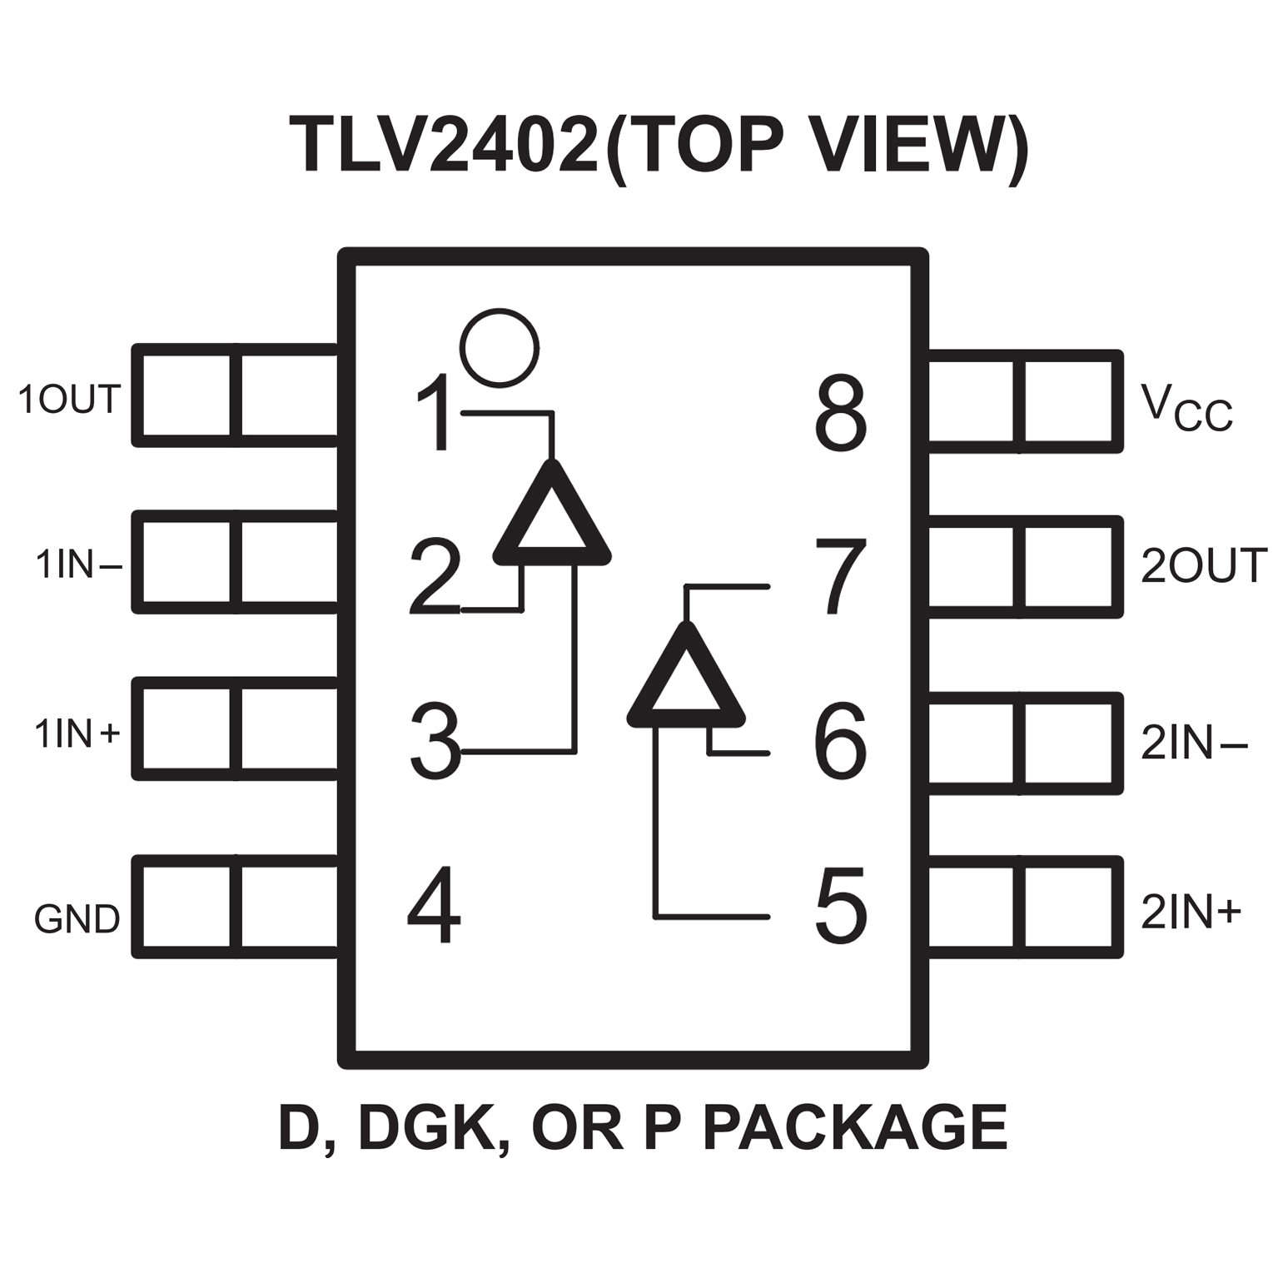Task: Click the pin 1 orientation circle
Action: [x=500, y=348]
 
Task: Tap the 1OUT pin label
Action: [x=70, y=400]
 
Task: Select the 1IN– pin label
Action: [x=78, y=564]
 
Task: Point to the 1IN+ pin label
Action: [x=77, y=733]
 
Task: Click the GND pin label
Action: [x=77, y=919]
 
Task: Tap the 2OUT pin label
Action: [x=1203, y=566]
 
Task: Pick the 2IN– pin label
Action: [x=1193, y=743]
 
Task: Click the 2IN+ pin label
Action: [x=1191, y=912]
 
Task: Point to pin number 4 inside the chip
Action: [x=434, y=905]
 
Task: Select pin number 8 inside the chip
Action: [x=841, y=414]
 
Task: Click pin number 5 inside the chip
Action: [x=841, y=907]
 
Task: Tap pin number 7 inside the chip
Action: [x=841, y=576]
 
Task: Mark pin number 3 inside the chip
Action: [x=435, y=741]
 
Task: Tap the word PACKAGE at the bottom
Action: [x=855, y=1127]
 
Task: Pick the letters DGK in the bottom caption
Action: [x=425, y=1127]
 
